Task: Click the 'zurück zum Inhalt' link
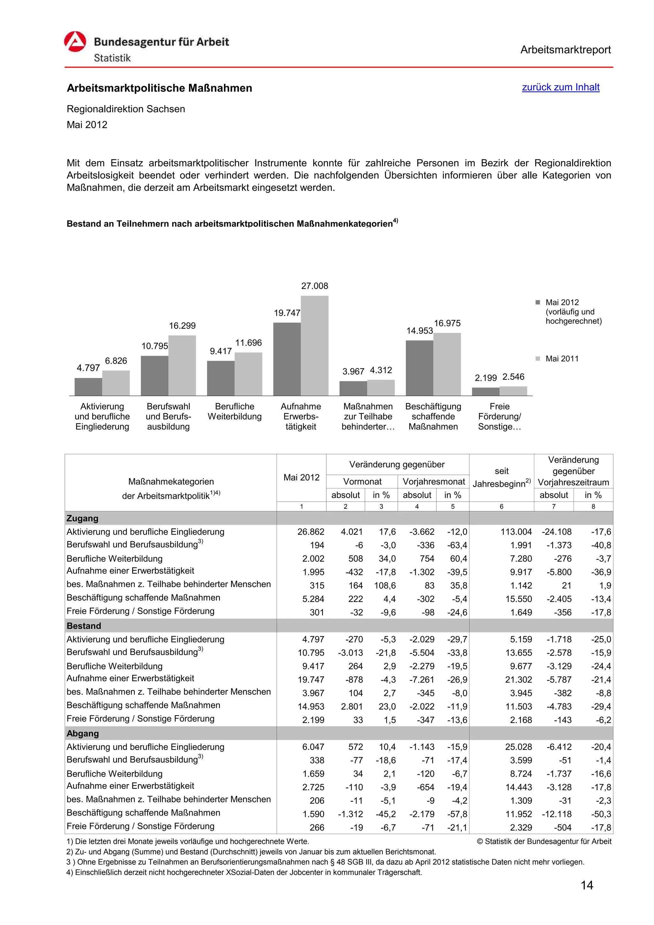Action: pos(560,87)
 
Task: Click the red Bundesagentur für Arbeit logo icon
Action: pos(75,42)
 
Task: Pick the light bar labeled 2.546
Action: pos(513,390)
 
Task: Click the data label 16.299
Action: pos(182,326)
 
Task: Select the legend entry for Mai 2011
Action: pos(561,358)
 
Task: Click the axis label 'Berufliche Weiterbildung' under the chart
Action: pos(234,411)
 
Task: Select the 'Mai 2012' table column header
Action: pos(301,478)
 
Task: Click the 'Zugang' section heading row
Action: pos(83,518)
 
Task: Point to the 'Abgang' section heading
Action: pos(83,733)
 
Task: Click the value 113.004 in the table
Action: pos(516,532)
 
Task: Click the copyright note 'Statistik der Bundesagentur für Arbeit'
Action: pos(544,841)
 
